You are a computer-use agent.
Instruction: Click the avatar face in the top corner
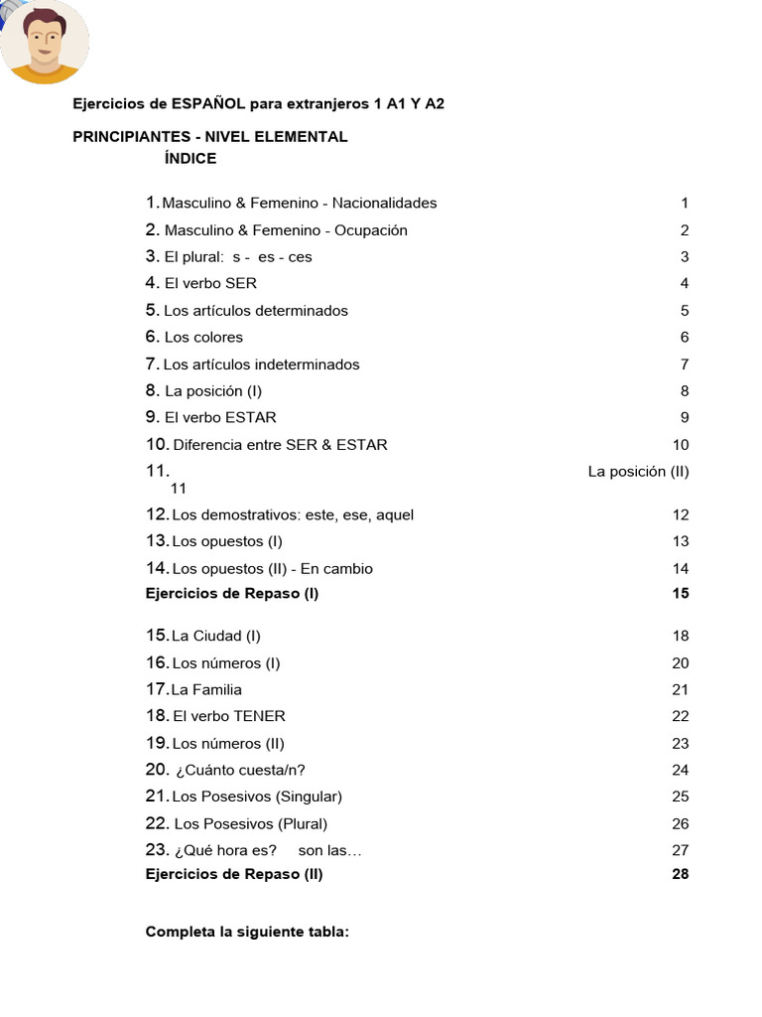(x=44, y=42)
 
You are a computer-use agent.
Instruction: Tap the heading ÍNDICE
(x=190, y=159)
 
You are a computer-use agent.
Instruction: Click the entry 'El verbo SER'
(x=210, y=283)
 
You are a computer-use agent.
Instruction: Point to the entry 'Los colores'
(x=203, y=337)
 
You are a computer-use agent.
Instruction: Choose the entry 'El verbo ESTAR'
(x=220, y=417)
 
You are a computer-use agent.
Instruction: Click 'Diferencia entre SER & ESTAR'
(x=280, y=445)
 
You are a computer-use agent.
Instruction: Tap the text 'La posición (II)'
(x=638, y=472)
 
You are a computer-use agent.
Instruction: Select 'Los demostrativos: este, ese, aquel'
(x=293, y=514)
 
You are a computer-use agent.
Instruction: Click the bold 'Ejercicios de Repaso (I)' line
(x=232, y=594)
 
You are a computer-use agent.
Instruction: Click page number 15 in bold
(x=680, y=594)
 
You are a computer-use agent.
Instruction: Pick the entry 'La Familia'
(x=206, y=689)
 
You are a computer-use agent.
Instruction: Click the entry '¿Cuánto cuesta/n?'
(x=240, y=770)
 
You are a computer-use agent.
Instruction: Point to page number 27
(x=680, y=850)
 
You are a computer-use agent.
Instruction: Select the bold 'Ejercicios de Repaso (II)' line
(x=234, y=875)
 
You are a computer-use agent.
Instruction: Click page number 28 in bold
(x=680, y=875)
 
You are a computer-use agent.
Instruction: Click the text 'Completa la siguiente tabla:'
(x=247, y=933)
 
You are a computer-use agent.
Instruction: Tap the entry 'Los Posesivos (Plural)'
(x=250, y=823)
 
